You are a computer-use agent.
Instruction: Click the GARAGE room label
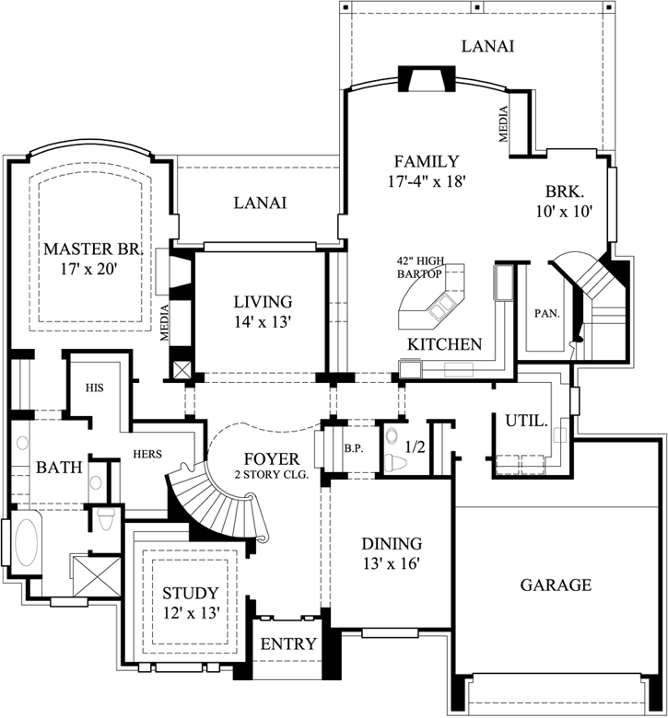tap(555, 585)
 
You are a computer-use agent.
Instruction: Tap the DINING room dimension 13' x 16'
tap(392, 563)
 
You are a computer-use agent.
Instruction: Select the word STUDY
tap(190, 593)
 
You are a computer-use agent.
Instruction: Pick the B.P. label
tap(352, 448)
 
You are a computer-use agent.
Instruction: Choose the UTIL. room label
tap(526, 422)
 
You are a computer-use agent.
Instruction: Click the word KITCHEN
tap(445, 344)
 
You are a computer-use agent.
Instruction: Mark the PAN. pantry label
tap(546, 313)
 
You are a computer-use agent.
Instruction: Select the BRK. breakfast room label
tap(563, 192)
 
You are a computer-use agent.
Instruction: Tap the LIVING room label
tap(262, 301)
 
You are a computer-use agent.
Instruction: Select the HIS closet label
tap(94, 388)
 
